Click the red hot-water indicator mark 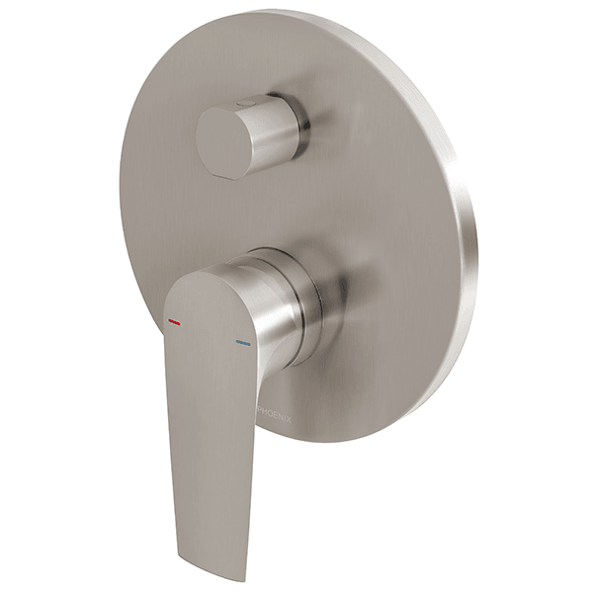[175, 322]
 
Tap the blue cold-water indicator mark [243, 343]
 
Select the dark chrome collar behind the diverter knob [298, 124]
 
